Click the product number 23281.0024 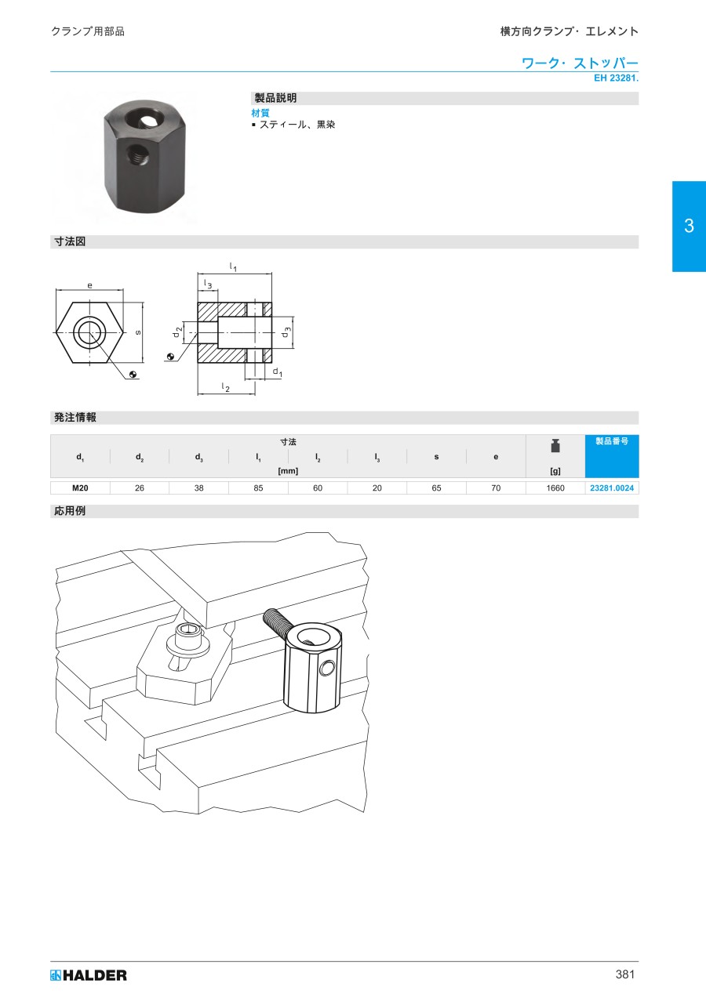[x=612, y=488]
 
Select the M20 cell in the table [x=80, y=488]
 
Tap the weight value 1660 [x=555, y=488]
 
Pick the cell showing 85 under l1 [x=258, y=488]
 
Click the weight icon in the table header [x=555, y=445]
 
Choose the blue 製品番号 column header [x=612, y=441]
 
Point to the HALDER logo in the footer [x=89, y=975]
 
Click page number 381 [x=625, y=975]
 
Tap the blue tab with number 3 [x=689, y=226]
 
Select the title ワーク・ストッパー [x=580, y=63]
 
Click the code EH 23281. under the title [x=616, y=78]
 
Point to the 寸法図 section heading [x=70, y=241]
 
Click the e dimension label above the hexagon [x=89, y=285]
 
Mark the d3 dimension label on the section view [x=286, y=332]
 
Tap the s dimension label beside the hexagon [x=138, y=332]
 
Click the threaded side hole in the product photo [x=133, y=154]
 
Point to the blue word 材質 [x=260, y=113]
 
